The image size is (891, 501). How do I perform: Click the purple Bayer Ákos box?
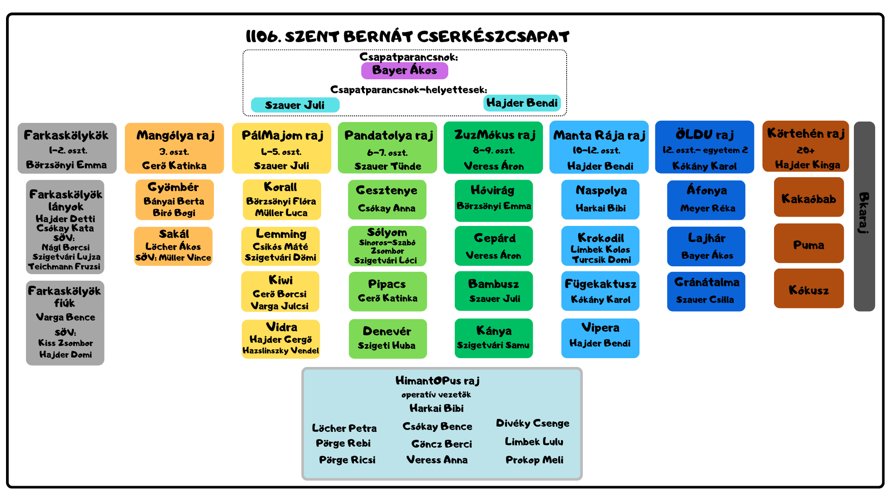[x=405, y=71]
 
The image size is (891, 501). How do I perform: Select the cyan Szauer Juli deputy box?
[x=295, y=105]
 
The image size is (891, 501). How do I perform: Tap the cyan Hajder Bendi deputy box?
[x=522, y=103]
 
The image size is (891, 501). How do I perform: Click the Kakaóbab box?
[x=809, y=197]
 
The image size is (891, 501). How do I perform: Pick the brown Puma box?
[x=809, y=244]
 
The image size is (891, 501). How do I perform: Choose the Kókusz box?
[x=809, y=289]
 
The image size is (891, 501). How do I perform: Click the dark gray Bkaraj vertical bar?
[x=864, y=216]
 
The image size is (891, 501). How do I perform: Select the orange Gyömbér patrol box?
[x=174, y=200]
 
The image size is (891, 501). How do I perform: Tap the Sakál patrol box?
[x=173, y=246]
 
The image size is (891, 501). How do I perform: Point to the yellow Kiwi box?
[x=280, y=292]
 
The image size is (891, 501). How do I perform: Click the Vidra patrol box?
[x=281, y=339]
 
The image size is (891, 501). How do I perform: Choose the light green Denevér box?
[x=387, y=339]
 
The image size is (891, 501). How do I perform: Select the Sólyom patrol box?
[x=387, y=246]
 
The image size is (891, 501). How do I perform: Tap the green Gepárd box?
[x=494, y=246]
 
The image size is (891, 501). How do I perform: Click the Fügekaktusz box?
[x=600, y=291]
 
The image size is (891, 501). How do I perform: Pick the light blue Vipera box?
[x=600, y=338]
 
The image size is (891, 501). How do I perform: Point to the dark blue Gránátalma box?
[x=706, y=291]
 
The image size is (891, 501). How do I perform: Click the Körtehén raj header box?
[x=806, y=147]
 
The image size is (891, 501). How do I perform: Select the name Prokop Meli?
[x=535, y=460]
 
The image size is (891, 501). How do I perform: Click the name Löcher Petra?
[x=344, y=428]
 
